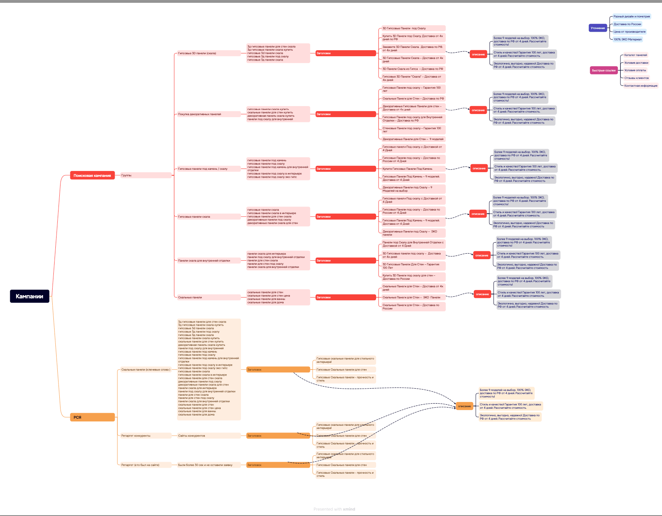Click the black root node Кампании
tap(30, 296)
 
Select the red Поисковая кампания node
tap(92, 175)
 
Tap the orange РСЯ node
tap(93, 417)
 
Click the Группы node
tap(127, 175)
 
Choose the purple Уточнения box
tap(598, 28)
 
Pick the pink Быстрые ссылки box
tap(603, 70)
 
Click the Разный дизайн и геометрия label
tap(632, 17)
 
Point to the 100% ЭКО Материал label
tap(628, 39)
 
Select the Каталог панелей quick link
tap(636, 55)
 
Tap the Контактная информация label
tap(641, 85)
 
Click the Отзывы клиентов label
tap(636, 78)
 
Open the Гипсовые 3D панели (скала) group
tap(197, 53)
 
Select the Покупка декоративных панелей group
tap(199, 114)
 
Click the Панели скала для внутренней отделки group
tap(204, 260)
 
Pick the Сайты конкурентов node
tap(191, 436)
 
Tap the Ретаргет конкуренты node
tap(136, 436)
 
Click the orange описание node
tap(464, 406)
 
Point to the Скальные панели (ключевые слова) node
tap(145, 370)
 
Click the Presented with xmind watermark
tap(334, 509)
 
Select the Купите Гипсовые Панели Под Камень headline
tap(407, 169)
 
